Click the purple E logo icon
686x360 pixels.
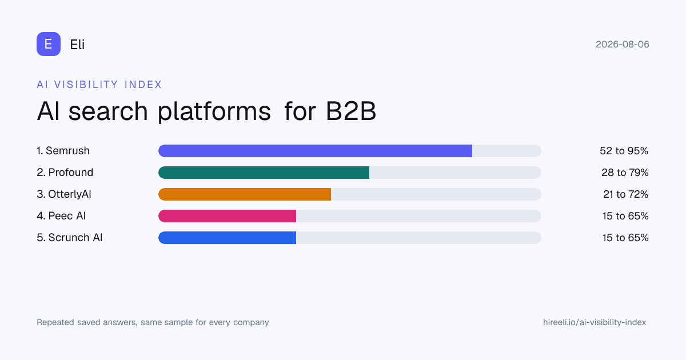[x=49, y=44]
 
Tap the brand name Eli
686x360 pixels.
[x=77, y=45]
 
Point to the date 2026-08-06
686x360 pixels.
[x=623, y=45]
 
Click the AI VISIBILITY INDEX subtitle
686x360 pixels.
[x=99, y=85]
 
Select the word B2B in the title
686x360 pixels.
[x=351, y=111]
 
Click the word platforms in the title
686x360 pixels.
[x=214, y=111]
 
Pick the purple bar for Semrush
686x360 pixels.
[x=315, y=151]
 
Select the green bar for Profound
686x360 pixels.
[x=264, y=173]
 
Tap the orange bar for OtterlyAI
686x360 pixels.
[x=245, y=194]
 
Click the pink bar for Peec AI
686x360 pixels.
[x=228, y=216]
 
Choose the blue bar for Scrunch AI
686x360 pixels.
[x=228, y=238]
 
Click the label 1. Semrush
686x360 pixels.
[x=63, y=151]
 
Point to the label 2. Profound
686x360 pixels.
[x=65, y=173]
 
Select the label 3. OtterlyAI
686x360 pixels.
[x=64, y=194]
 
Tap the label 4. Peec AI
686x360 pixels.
[x=61, y=216]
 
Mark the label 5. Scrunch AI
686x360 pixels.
[x=70, y=238]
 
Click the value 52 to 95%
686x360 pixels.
[x=624, y=151]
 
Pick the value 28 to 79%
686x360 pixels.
[x=625, y=173]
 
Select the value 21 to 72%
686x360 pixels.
[x=625, y=194]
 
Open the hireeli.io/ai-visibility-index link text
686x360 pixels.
[x=595, y=322]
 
